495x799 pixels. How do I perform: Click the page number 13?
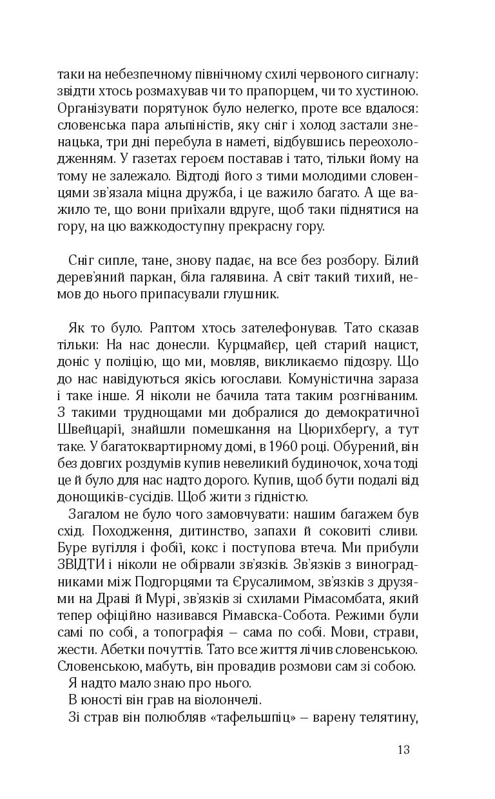pyautogui.click(x=404, y=749)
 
